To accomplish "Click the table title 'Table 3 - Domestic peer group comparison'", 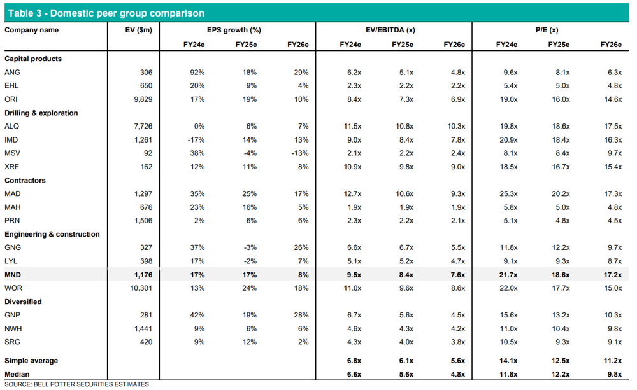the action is click(x=106, y=13).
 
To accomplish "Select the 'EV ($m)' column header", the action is click(x=138, y=30).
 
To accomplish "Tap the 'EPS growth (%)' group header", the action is click(x=234, y=30).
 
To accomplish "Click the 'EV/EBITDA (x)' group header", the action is click(x=390, y=30).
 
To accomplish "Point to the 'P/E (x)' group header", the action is click(x=547, y=30).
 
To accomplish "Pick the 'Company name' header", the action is click(x=32, y=30).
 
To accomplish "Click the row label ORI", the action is click(x=11, y=99).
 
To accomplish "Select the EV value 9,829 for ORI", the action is click(x=143, y=99).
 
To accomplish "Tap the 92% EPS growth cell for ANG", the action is click(x=197, y=73).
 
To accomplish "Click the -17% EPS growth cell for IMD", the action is click(x=196, y=139).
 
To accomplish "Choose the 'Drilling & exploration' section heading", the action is click(x=41, y=113).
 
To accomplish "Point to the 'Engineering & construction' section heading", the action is click(x=52, y=234).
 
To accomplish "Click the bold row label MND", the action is click(x=13, y=275).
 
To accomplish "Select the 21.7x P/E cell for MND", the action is click(x=508, y=275).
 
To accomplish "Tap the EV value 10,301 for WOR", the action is click(x=141, y=288).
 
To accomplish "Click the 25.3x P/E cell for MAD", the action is click(x=508, y=193).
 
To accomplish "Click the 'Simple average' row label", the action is click(x=31, y=360).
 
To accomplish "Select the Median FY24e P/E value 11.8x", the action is click(x=508, y=374).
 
